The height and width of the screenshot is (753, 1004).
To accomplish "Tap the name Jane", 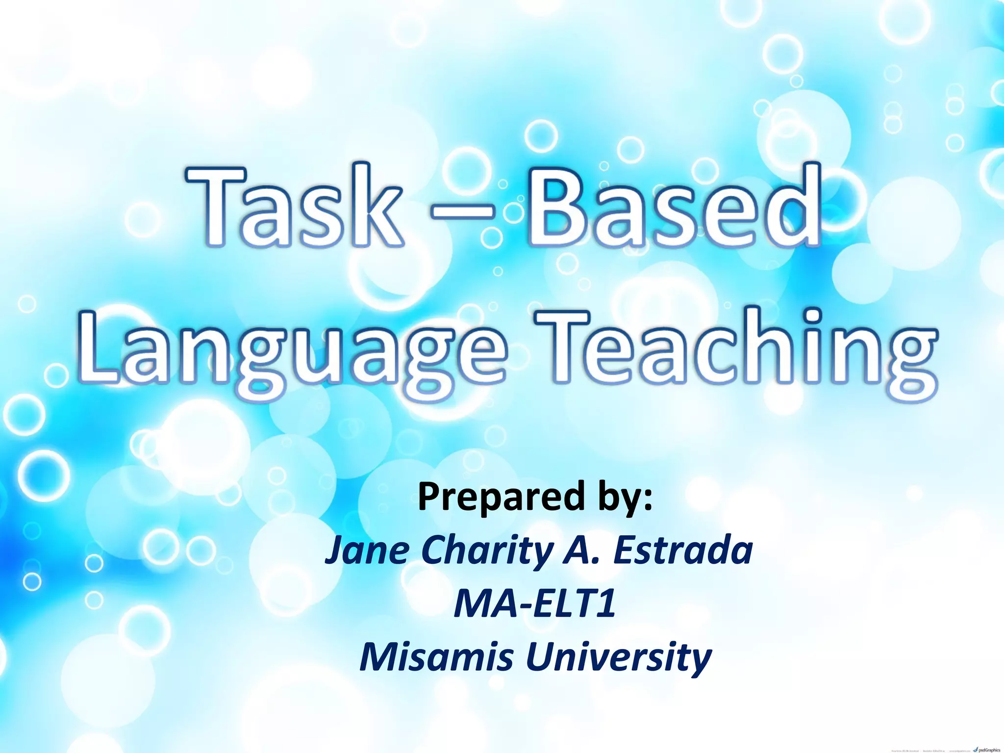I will click(367, 550).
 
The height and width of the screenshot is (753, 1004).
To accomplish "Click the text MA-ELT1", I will click(534, 604).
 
